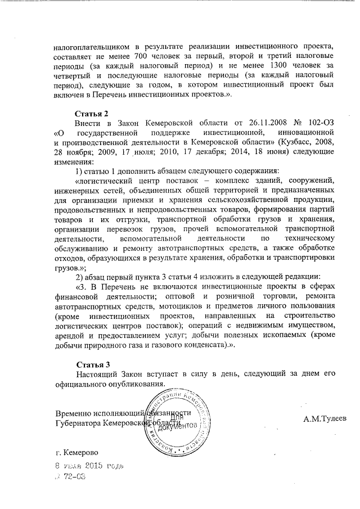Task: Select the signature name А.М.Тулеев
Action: (x=325, y=419)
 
